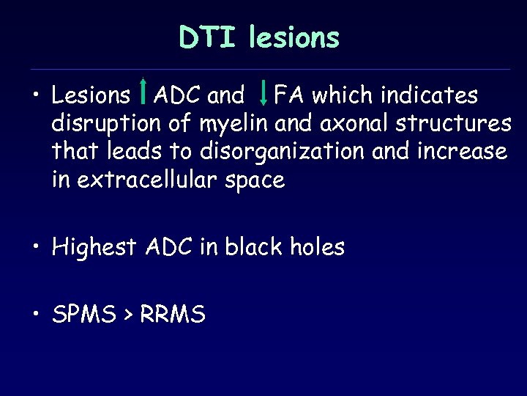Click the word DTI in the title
[x=208, y=37]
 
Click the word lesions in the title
[x=294, y=37]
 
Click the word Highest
[x=94, y=248]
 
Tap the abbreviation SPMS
[x=82, y=315]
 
